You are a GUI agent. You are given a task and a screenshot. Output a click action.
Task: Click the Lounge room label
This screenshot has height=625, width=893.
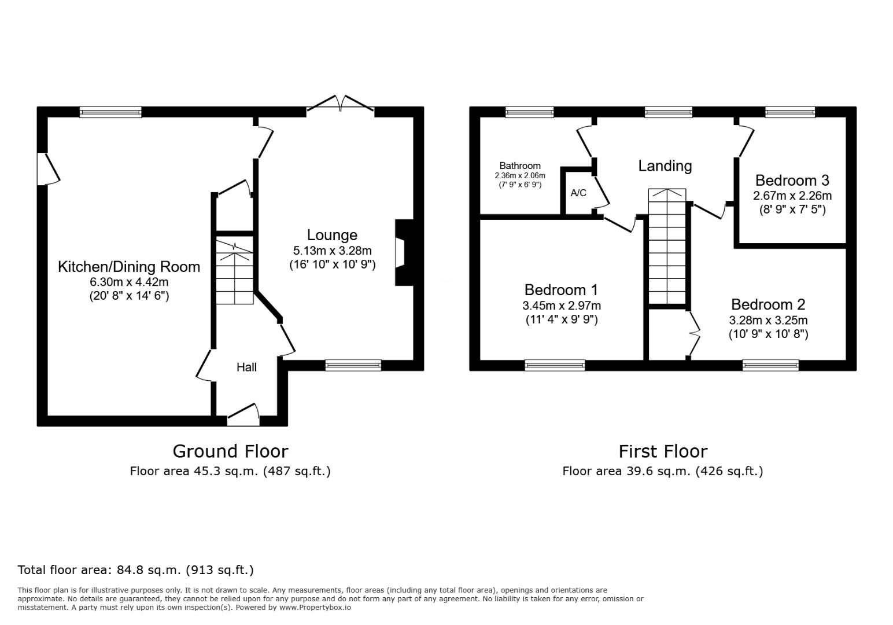click(332, 235)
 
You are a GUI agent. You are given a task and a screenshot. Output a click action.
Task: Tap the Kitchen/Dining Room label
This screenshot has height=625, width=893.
click(129, 267)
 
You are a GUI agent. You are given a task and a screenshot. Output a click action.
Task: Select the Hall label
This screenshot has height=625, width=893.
click(246, 367)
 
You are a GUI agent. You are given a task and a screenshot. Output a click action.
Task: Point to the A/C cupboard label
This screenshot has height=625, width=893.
click(578, 193)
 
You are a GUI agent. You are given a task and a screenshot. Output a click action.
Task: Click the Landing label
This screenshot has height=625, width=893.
click(665, 166)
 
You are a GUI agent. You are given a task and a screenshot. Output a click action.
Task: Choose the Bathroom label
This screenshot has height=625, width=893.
click(520, 166)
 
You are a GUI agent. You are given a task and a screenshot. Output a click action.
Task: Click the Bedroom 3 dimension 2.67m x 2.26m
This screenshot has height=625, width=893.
click(792, 196)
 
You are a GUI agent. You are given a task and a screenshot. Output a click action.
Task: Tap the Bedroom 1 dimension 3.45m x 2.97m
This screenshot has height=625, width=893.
click(562, 306)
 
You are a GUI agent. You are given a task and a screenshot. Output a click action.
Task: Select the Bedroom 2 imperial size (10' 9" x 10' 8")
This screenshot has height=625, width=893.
click(768, 334)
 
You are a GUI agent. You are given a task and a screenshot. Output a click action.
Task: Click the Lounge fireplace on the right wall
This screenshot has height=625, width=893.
click(404, 252)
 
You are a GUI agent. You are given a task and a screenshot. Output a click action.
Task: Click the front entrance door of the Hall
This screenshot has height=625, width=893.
click(243, 415)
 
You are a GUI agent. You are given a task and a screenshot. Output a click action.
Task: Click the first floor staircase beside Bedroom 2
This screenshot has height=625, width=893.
click(667, 247)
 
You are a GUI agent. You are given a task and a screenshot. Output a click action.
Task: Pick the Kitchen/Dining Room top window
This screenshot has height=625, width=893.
click(110, 112)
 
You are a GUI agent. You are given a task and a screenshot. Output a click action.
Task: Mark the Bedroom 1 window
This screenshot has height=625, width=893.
click(555, 365)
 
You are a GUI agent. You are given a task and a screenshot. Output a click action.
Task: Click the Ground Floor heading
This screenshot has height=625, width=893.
click(230, 451)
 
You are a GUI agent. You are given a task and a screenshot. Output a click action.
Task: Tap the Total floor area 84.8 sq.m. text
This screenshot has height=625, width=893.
click(135, 570)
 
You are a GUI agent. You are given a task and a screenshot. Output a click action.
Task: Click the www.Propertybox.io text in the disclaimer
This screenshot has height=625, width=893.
click(315, 608)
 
